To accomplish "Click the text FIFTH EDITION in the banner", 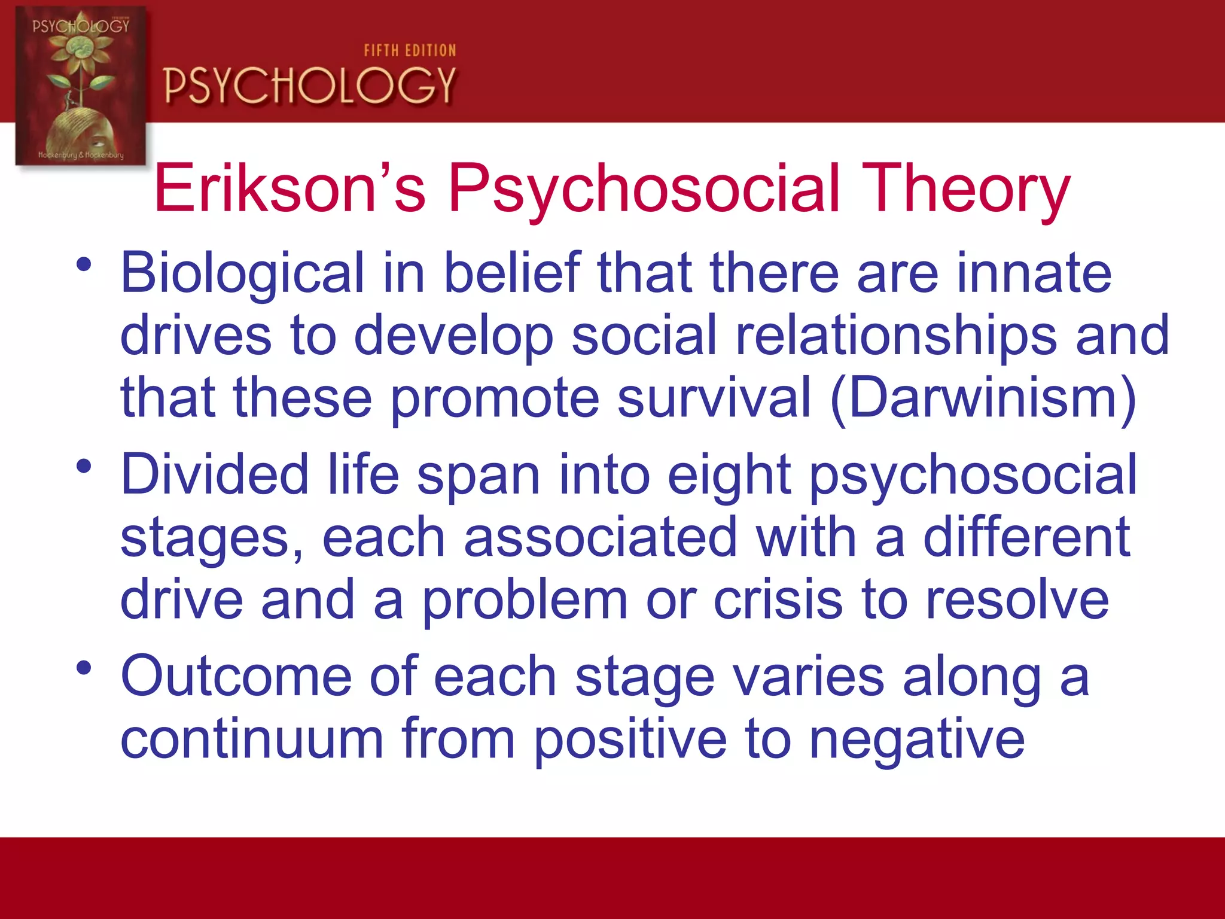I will pos(410,51).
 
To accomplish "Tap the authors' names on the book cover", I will pos(81,155).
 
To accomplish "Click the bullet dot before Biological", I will pos(84,264).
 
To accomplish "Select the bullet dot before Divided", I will pos(84,465).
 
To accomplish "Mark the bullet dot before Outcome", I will pos(84,667).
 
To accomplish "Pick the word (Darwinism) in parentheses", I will pos(983,398).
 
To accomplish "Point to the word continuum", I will pos(252,740).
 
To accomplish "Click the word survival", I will pos(714,397).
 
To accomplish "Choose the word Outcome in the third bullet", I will pos(236,676).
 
